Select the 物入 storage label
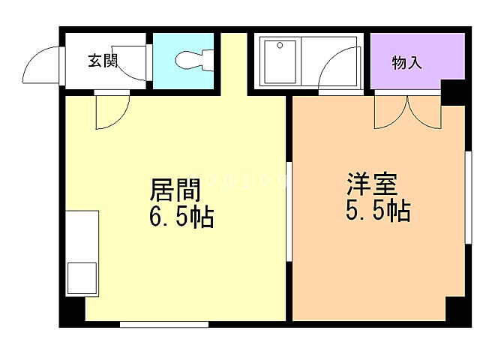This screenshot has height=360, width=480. [407, 63]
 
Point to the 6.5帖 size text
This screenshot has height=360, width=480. [181, 218]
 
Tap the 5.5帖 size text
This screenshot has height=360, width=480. [377, 212]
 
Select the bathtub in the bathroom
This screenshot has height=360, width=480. [278, 61]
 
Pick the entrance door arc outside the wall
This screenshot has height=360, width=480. [42, 65]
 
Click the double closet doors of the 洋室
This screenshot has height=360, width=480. [406, 112]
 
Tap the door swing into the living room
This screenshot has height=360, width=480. [111, 110]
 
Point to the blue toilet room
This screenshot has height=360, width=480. [184, 61]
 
